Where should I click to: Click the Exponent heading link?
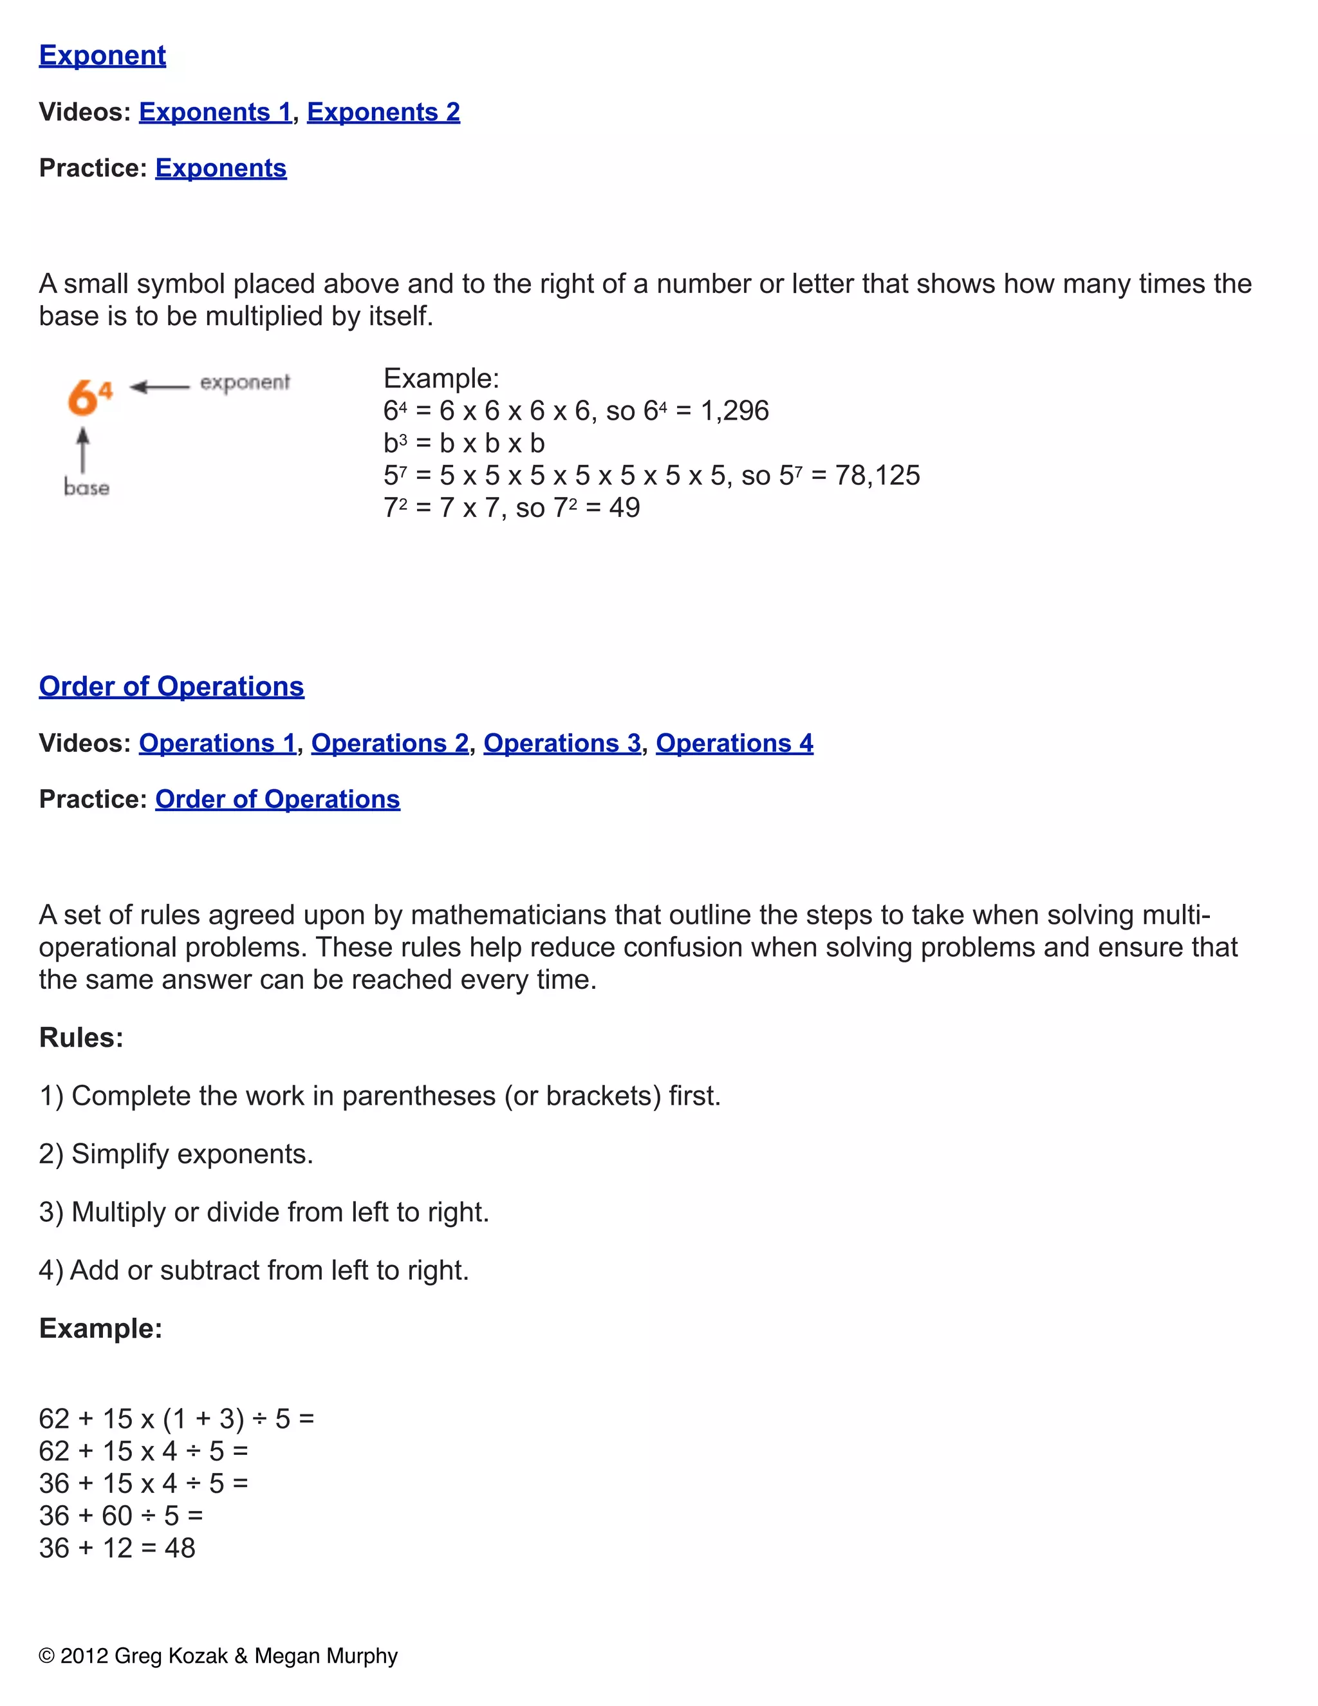coord(102,55)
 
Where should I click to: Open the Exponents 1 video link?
coord(215,112)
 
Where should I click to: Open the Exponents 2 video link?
coord(384,112)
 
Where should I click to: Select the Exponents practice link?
coord(221,168)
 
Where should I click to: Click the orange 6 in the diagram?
coord(81,398)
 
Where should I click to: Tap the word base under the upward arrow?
coord(87,488)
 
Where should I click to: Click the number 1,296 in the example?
coord(735,411)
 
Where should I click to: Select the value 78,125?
coord(878,475)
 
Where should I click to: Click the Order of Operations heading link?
coord(172,687)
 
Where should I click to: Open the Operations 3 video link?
coord(562,743)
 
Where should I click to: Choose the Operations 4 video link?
coord(734,743)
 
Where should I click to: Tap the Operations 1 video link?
coord(217,743)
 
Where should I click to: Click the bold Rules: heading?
coord(81,1038)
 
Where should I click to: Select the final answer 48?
coord(180,1548)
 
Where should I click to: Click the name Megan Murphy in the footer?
coord(326,1656)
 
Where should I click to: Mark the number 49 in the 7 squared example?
coord(625,508)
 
